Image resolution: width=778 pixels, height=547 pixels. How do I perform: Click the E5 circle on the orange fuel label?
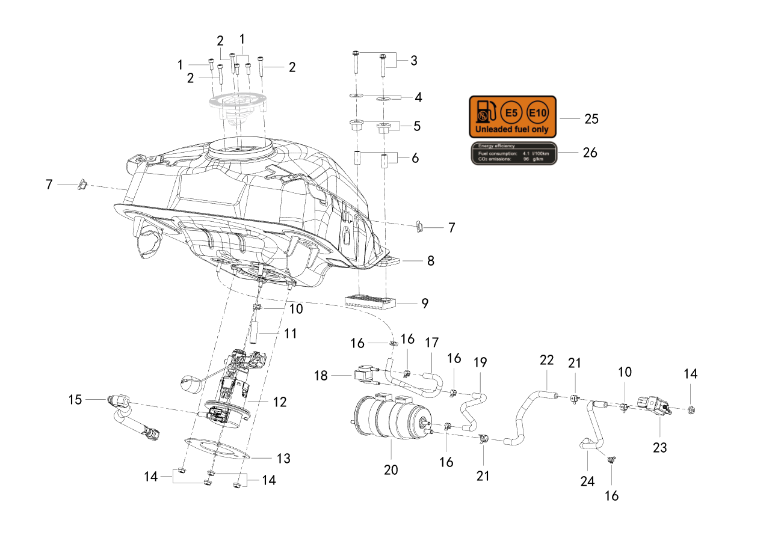click(x=511, y=113)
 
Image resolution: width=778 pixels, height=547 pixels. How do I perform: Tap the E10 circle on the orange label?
click(x=538, y=113)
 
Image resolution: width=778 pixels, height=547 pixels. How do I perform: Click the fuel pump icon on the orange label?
click(x=485, y=112)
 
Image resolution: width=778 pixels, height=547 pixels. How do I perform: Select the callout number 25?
click(x=591, y=119)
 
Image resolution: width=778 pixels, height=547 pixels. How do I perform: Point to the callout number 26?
click(x=590, y=153)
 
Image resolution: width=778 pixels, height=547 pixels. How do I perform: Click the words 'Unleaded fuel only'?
click(x=511, y=129)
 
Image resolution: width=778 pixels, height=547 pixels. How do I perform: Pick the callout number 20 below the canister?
click(x=391, y=470)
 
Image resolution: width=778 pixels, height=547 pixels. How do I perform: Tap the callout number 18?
click(x=321, y=376)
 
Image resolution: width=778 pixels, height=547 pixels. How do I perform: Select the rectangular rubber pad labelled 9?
click(x=370, y=303)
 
